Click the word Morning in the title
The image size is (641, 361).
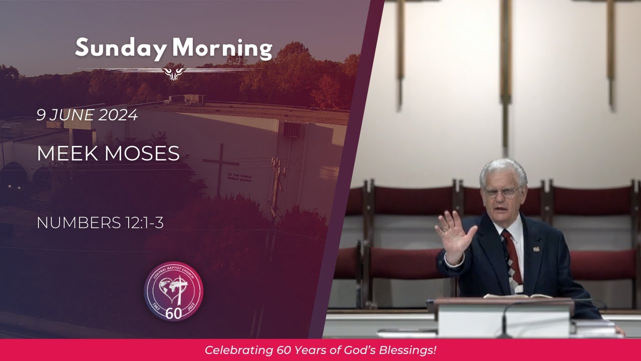pos(222,49)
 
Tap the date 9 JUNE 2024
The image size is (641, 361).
pos(87,115)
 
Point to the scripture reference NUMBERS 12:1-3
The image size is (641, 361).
pos(100,223)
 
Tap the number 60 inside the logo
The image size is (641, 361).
pos(173,313)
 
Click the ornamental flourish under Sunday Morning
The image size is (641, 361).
pos(174,72)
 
